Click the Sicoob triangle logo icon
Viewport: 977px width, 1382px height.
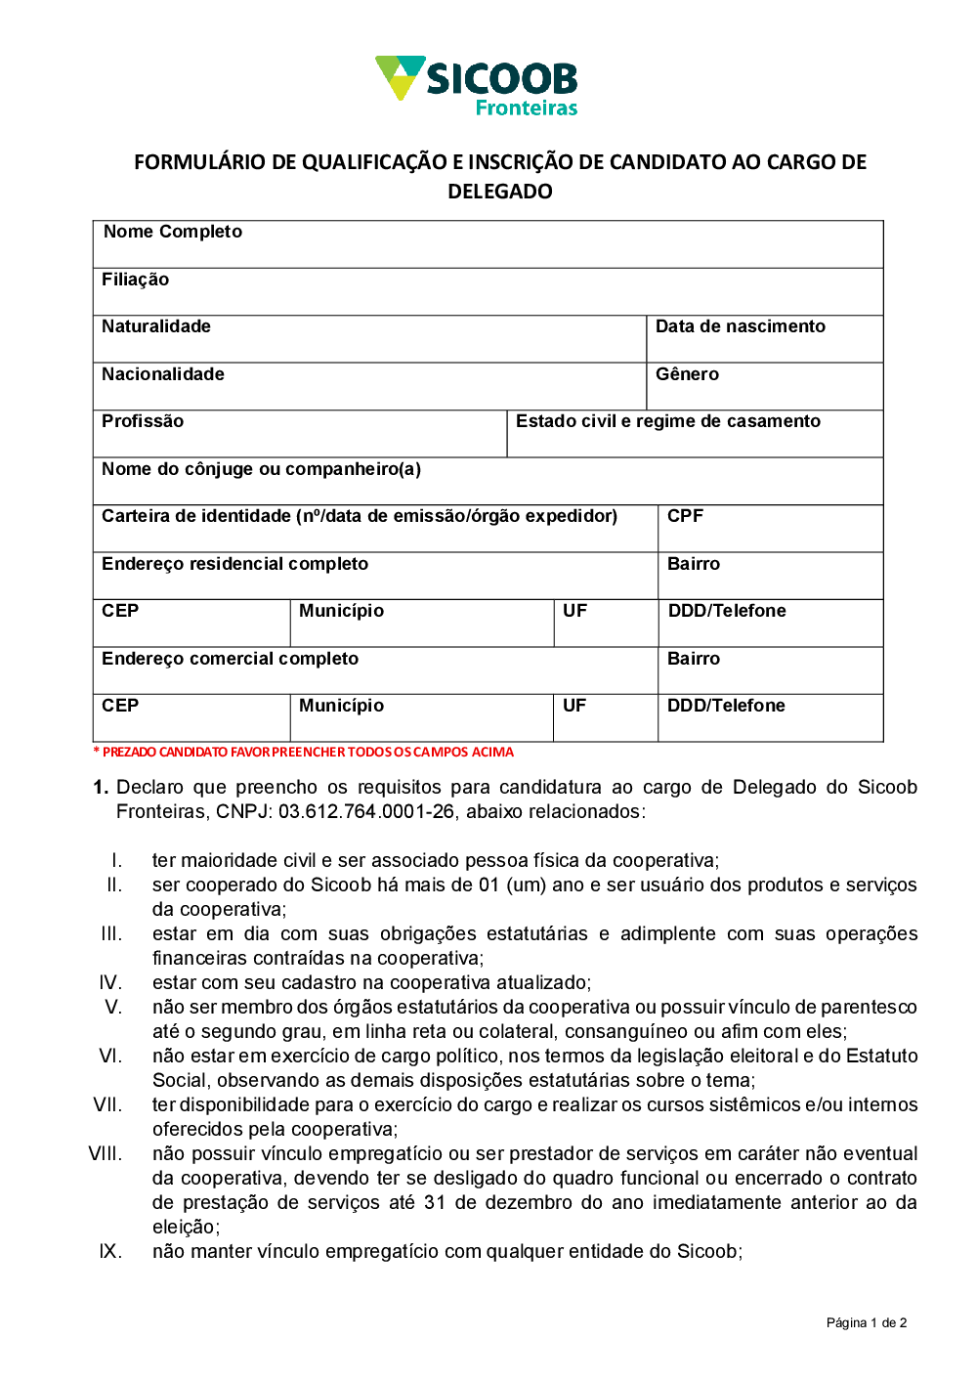400,77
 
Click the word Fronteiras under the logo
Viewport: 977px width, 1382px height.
526,108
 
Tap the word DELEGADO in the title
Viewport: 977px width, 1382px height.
499,192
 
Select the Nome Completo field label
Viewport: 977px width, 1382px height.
173,232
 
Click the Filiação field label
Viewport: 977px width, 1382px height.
135,280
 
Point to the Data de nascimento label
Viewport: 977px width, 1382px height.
740,326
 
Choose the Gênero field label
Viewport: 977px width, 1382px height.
687,374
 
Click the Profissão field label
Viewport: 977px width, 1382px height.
143,421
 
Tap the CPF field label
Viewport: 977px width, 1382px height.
685,516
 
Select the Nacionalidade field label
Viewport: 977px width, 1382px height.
163,374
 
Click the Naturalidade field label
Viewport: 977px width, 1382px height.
156,326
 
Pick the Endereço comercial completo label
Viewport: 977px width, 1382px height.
230,659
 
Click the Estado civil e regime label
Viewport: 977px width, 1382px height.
668,421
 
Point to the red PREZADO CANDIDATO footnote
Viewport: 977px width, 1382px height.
303,752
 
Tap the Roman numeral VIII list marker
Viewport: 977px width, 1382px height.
106,1153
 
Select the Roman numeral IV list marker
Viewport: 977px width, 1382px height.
110,982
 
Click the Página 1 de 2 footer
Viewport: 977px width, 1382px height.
866,1322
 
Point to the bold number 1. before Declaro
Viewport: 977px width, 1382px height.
101,787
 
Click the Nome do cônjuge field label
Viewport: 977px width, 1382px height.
261,469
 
